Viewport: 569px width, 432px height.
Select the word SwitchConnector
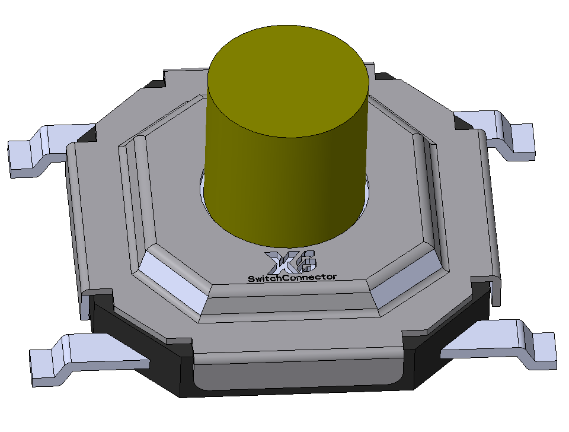click(x=292, y=277)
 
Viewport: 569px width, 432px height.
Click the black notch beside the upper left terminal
click(x=87, y=134)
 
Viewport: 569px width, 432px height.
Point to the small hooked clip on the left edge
click(x=98, y=294)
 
